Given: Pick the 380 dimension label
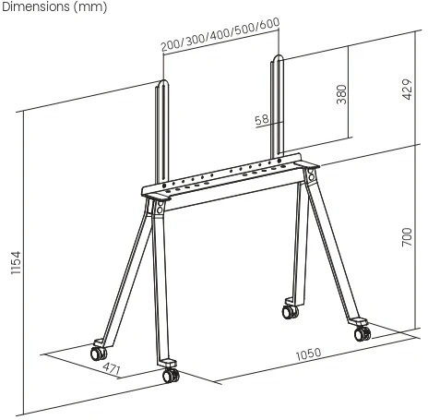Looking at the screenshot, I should point(341,95).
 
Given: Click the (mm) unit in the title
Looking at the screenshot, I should point(89,7).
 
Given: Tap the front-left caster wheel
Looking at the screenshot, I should point(97,353).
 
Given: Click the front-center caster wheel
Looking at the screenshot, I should point(170,376).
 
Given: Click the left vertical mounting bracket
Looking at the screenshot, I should point(163,134).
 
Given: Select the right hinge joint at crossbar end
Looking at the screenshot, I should point(310,174).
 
